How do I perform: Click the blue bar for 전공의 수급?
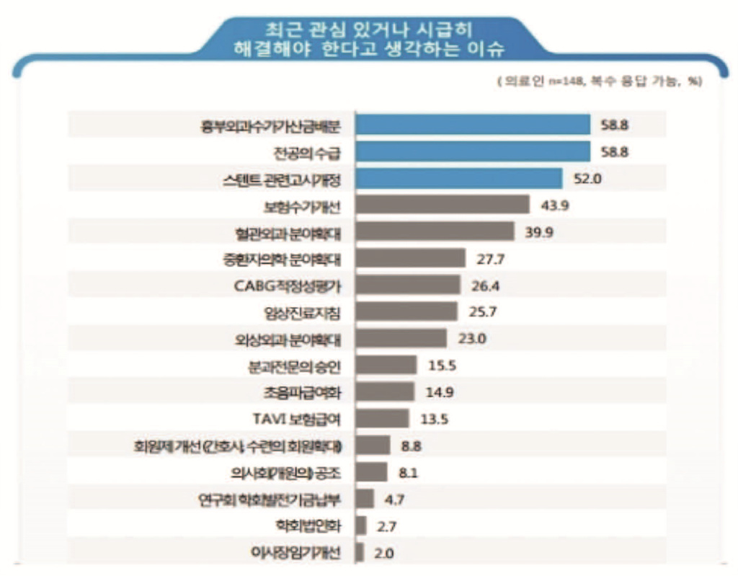[x=473, y=151]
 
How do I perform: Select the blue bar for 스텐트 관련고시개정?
[x=459, y=178]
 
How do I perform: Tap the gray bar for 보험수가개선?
[x=443, y=205]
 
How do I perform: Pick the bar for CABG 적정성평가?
[x=408, y=285]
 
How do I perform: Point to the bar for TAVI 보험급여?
[x=382, y=418]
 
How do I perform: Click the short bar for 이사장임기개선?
[x=360, y=553]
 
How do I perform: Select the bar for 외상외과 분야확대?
[x=401, y=338]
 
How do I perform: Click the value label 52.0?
[x=587, y=178]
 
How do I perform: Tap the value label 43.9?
[x=555, y=205]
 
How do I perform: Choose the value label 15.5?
[x=441, y=365]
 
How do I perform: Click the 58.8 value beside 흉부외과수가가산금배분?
[x=615, y=125]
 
